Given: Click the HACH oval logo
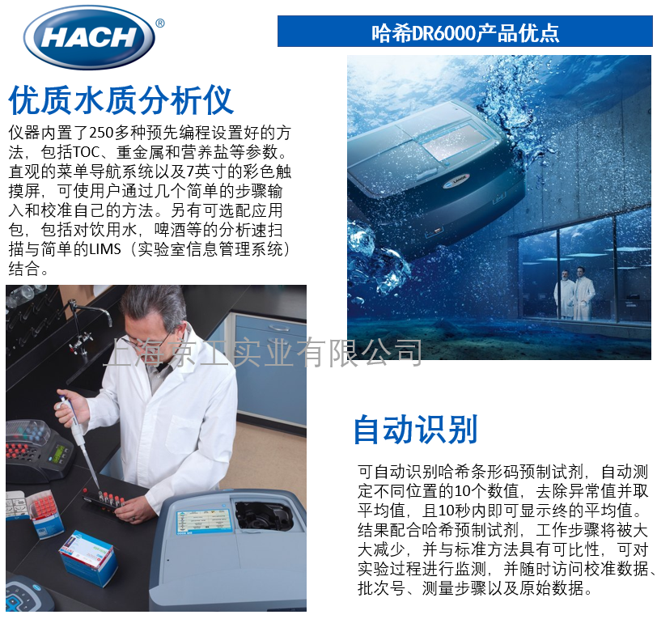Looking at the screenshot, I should pyautogui.click(x=89, y=37).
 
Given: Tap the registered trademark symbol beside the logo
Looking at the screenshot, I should pyautogui.click(x=159, y=23).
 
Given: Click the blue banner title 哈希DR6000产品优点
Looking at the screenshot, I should pyautogui.click(x=464, y=32).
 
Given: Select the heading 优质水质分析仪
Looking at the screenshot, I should pyautogui.click(x=121, y=100).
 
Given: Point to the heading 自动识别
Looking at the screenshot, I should pyautogui.click(x=415, y=430).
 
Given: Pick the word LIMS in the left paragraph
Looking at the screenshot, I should pyautogui.click(x=117, y=249).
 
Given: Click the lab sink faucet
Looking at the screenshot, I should pyautogui.click(x=86, y=323).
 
